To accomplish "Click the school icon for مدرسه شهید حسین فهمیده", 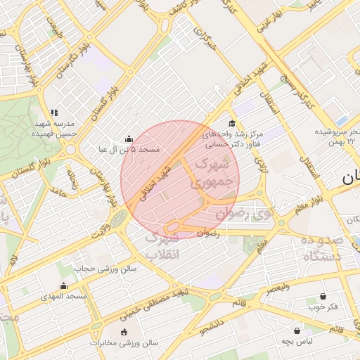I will coord(54,112).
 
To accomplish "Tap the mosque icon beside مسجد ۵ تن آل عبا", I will coord(128,139).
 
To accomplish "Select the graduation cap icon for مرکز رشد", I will coord(232,123).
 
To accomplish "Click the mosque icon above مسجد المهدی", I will coord(64,285).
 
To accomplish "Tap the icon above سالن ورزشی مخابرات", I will coord(124,332).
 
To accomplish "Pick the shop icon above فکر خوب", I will coord(323,297).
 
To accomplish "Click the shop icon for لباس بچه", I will coord(297,330).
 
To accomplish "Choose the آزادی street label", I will coord(264,163).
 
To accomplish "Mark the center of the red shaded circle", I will coord(180,180).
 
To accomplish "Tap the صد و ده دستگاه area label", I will coord(323,248).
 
